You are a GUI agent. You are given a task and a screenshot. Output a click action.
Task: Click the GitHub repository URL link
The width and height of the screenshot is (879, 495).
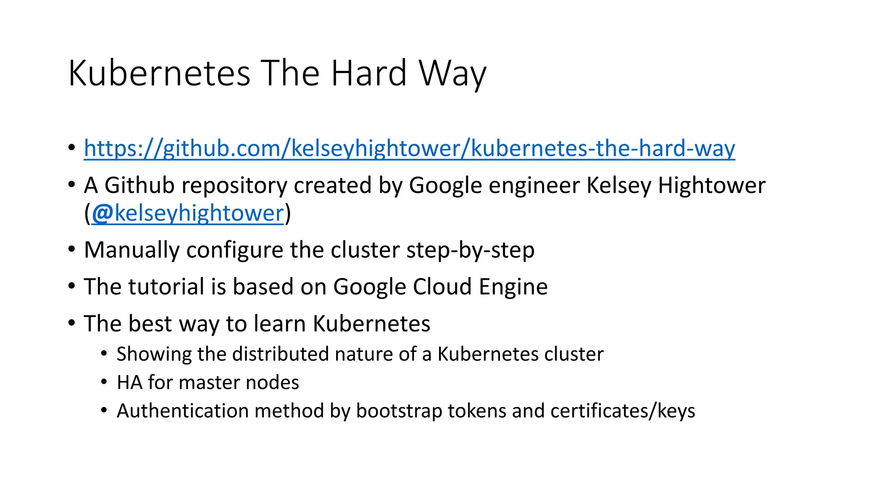tap(409, 149)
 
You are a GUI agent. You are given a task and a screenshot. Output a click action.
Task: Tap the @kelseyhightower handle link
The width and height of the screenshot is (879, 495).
tap(188, 213)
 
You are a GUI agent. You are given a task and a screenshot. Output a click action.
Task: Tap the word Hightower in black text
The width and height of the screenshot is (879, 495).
tap(712, 186)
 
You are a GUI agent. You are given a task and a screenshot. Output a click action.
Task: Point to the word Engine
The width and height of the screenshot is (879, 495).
tap(513, 287)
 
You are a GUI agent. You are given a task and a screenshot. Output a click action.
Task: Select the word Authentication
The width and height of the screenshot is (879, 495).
tap(182, 411)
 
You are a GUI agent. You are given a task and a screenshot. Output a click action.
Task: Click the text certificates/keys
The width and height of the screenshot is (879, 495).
tap(623, 411)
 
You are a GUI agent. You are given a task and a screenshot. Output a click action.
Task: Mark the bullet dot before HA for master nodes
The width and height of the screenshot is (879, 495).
tap(104, 382)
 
